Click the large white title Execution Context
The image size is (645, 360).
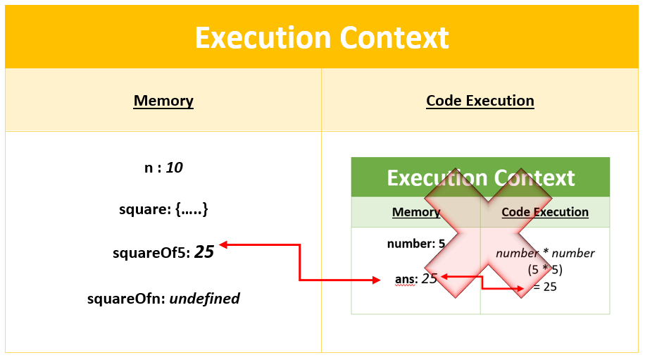[322, 37]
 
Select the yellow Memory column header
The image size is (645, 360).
[163, 101]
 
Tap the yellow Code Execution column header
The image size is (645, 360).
[480, 101]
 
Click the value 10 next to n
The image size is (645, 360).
[175, 168]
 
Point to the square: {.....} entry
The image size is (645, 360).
[163, 209]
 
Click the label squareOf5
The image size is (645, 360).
[151, 252]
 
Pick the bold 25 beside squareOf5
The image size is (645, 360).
[204, 252]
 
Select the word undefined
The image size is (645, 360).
[205, 299]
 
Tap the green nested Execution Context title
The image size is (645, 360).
[481, 178]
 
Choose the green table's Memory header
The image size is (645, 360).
[416, 212]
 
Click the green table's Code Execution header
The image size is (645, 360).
[545, 212]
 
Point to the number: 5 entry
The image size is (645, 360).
[416, 244]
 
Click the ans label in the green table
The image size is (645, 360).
[406, 279]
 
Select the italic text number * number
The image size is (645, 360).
[545, 254]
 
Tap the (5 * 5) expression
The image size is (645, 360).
[545, 270]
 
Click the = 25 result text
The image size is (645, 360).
[545, 287]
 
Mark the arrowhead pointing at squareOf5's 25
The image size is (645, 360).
[223, 245]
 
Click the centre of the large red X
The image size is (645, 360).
[481, 232]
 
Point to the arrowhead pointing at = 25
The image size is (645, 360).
[520, 288]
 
